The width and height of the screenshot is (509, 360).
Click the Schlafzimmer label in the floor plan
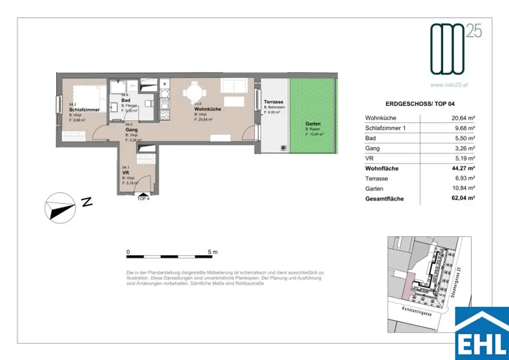coord(85,109)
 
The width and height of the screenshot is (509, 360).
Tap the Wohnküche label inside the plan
coord(208,109)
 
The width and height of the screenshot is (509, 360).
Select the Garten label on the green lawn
coord(313,124)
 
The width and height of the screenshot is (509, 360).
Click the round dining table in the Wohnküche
coord(192,92)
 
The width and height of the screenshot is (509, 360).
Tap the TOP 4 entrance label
coord(143,198)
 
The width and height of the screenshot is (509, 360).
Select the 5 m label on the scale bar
coord(212,252)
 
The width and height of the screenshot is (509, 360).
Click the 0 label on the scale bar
coord(128,252)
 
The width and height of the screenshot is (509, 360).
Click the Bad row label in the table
coord(370,138)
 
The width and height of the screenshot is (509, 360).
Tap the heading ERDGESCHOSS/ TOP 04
coord(420,104)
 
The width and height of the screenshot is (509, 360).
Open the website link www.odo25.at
coord(449,85)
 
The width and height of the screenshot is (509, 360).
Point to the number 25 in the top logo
coord(473,31)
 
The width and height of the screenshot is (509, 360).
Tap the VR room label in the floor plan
coord(126,173)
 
